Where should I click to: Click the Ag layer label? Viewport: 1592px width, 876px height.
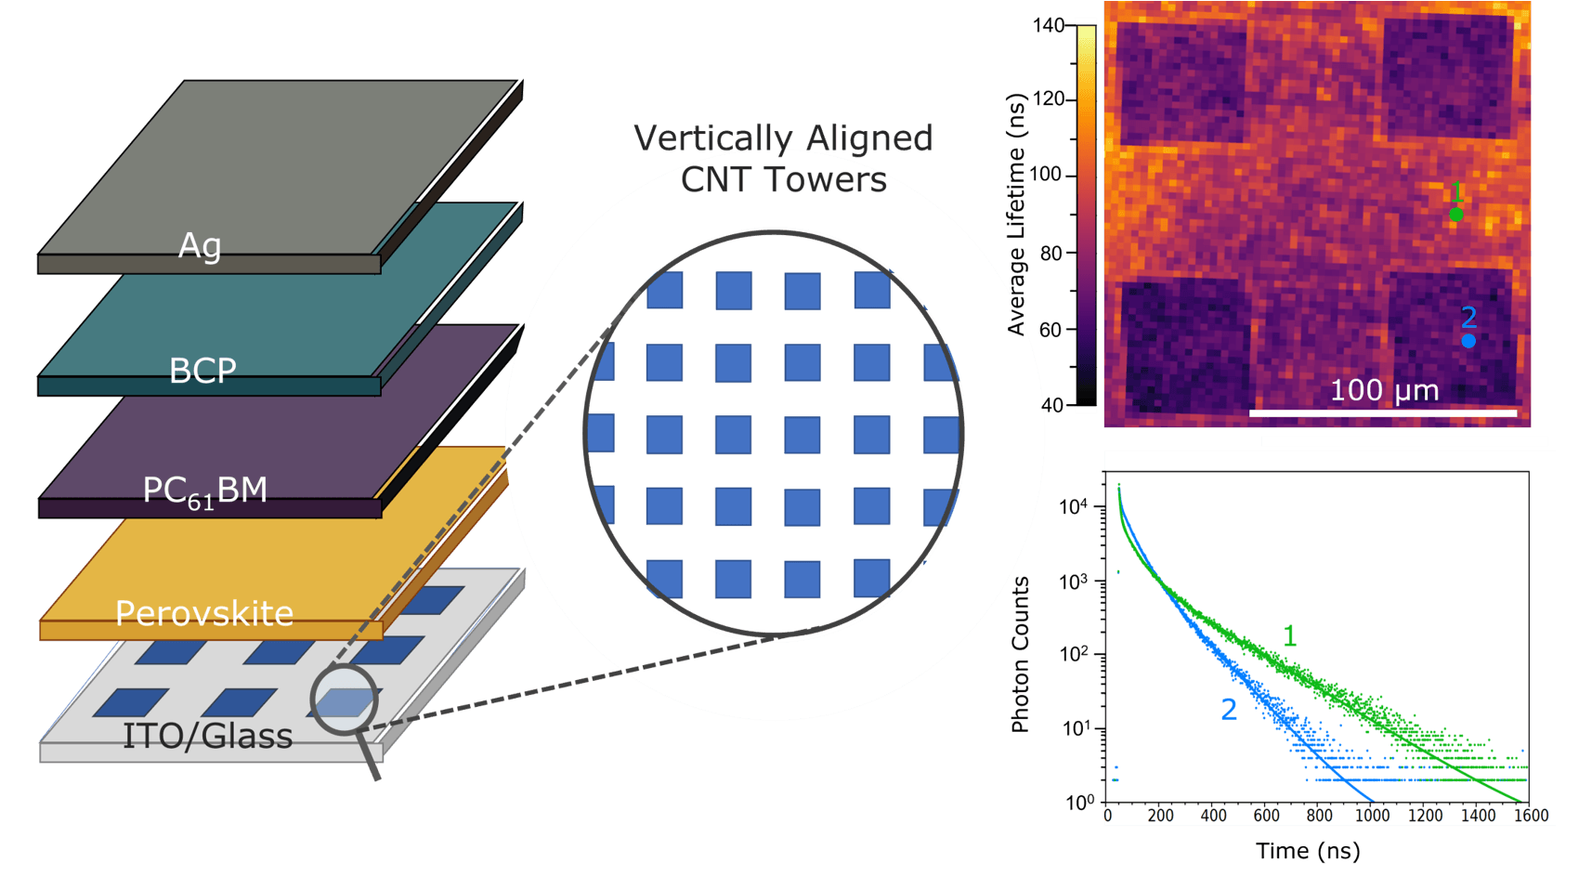pyautogui.click(x=200, y=246)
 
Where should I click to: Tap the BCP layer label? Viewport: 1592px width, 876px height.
pyautogui.click(x=202, y=371)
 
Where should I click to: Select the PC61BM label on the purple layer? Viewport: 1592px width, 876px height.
pyautogui.click(x=204, y=491)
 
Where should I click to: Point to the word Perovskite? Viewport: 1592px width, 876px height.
pyautogui.click(x=204, y=613)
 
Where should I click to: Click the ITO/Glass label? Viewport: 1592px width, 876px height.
pyautogui.click(x=207, y=736)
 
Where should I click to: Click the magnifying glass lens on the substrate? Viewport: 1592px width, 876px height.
pyautogui.click(x=345, y=699)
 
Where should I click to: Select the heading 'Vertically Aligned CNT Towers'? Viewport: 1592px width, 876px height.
pyautogui.click(x=783, y=159)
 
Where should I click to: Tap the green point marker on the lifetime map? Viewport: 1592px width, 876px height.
pyautogui.click(x=1455, y=215)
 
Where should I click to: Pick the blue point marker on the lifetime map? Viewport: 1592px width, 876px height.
pyautogui.click(x=1468, y=341)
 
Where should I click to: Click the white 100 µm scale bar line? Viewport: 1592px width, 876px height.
pyautogui.click(x=1383, y=412)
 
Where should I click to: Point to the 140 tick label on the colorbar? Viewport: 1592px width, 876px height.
pyautogui.click(x=1049, y=26)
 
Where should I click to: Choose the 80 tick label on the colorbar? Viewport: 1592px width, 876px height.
pyautogui.click(x=1052, y=253)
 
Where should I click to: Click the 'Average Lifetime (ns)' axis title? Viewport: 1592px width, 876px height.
pyautogui.click(x=1016, y=214)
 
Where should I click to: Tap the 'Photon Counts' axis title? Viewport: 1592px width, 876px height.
pyautogui.click(x=1020, y=654)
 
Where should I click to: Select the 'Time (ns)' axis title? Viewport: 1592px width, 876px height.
pyautogui.click(x=1308, y=850)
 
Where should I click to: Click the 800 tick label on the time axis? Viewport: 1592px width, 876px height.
pyautogui.click(x=1319, y=816)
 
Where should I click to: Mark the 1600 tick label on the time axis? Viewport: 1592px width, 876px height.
pyautogui.click(x=1530, y=816)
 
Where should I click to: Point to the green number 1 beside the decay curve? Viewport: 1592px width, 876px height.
pyautogui.click(x=1290, y=635)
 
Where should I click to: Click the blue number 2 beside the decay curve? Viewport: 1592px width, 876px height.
pyautogui.click(x=1229, y=710)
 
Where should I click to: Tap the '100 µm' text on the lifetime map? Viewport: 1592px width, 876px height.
pyautogui.click(x=1384, y=390)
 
